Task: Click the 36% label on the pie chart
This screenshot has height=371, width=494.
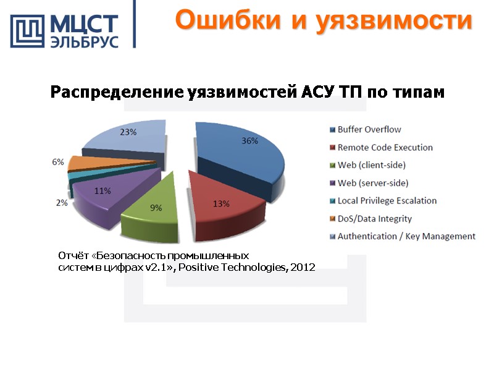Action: coord(249,141)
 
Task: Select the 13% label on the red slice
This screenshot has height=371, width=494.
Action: coord(221,203)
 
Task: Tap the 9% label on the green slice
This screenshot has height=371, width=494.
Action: coord(157,208)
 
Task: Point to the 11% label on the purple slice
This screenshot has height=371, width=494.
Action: coord(102,191)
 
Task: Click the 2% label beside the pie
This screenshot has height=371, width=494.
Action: coord(62,202)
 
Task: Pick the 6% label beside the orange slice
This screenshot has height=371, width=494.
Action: coord(57,162)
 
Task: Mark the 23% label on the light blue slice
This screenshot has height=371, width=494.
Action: coord(128,131)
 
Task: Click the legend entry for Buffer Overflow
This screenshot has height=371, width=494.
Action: coord(369,130)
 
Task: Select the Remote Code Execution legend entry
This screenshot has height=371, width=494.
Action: coord(385,148)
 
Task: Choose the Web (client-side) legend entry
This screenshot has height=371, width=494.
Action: coord(371,165)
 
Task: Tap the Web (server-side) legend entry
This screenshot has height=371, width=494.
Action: coord(372,183)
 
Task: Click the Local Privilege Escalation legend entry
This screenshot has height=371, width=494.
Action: coord(387,201)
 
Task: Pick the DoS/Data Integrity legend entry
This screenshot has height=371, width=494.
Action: coord(374,219)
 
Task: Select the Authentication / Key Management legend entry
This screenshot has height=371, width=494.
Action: coord(406,236)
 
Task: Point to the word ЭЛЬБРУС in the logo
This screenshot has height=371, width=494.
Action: coord(84,42)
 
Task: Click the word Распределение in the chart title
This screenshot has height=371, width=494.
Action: coord(114,93)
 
